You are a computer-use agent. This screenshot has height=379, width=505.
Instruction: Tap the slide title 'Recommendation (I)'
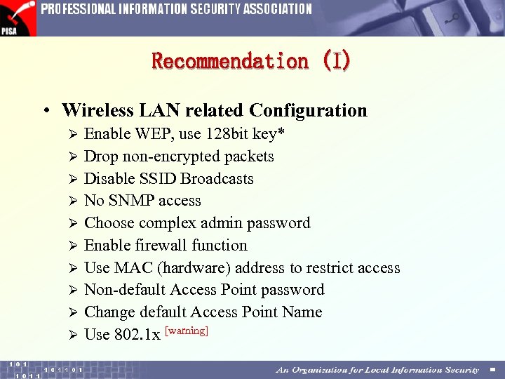pos(251,61)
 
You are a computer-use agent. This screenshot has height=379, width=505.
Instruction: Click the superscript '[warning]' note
pos(186,331)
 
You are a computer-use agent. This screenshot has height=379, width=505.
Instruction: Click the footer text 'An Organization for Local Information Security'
pos(377,370)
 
